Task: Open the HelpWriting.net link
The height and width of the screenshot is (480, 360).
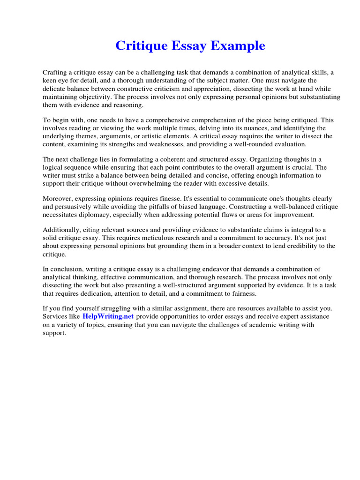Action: tap(108, 316)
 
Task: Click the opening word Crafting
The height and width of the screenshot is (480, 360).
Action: tap(56, 73)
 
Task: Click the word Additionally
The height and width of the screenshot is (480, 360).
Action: tap(62, 230)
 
